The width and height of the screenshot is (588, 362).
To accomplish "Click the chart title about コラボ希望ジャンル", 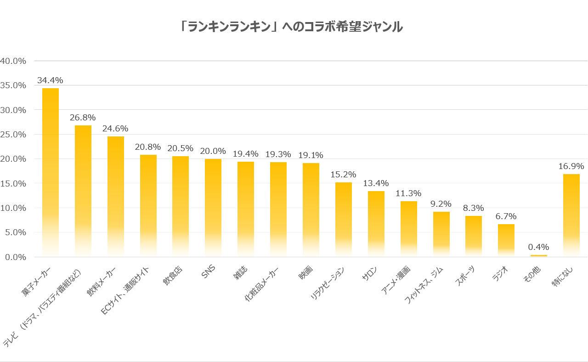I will coord(292,27).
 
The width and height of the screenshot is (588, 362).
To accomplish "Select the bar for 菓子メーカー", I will coord(51,172).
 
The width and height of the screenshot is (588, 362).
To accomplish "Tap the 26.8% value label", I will coord(83,118).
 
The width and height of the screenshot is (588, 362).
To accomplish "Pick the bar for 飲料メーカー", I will coord(116,197).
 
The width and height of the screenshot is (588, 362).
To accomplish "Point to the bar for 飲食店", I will coord(181,206).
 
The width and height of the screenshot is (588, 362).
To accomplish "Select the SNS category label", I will coord(209,272).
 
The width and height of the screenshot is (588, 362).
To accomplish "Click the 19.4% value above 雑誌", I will coord(246,154).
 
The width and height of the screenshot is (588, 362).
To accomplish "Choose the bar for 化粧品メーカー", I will coord(278,209).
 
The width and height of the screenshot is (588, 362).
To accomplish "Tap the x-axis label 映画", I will coord(305,273).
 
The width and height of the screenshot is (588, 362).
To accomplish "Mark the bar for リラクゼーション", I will coord(344,220).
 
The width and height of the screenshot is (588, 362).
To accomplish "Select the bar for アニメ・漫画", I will coord(409,229).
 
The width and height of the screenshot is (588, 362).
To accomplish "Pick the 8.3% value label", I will coord(474,208).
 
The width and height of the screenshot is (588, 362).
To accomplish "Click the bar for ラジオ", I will coord(506,240).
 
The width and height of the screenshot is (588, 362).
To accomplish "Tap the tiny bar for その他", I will coord(539,255).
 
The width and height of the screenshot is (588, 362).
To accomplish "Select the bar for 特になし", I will coord(571,215).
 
